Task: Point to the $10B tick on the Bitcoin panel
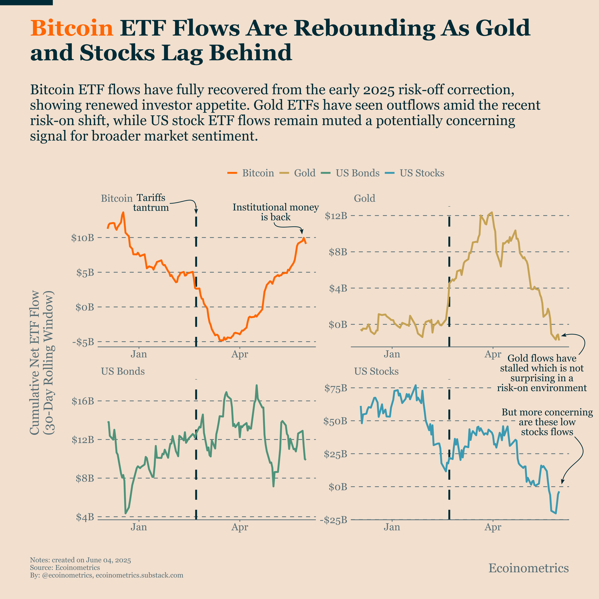click(83, 238)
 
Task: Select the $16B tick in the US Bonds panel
click(83, 401)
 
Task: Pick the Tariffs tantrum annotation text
click(151, 203)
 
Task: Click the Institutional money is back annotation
click(276, 212)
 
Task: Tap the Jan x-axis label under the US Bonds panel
click(139, 527)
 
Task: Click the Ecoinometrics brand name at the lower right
click(528, 568)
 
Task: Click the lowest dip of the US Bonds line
click(126, 513)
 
